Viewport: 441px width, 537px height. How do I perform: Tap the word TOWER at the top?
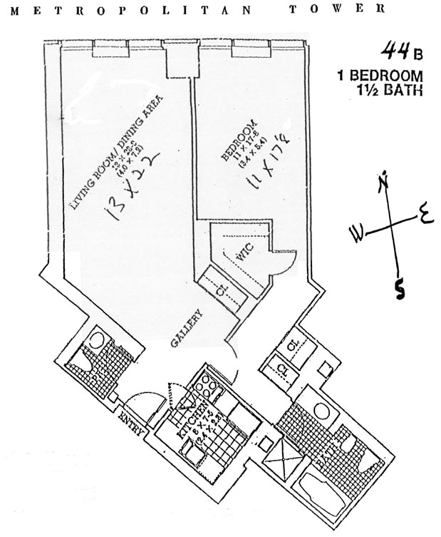338,9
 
